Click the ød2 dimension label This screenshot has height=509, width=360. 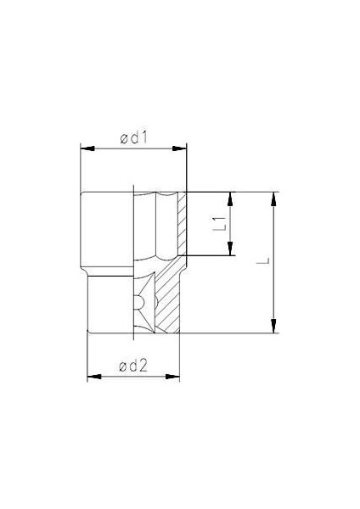(134, 366)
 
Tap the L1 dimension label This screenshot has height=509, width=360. (218, 223)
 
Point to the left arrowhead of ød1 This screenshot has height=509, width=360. (85, 148)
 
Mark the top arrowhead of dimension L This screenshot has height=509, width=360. (273, 198)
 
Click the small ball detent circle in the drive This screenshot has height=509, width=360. (136, 302)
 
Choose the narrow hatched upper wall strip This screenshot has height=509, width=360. (181, 225)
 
